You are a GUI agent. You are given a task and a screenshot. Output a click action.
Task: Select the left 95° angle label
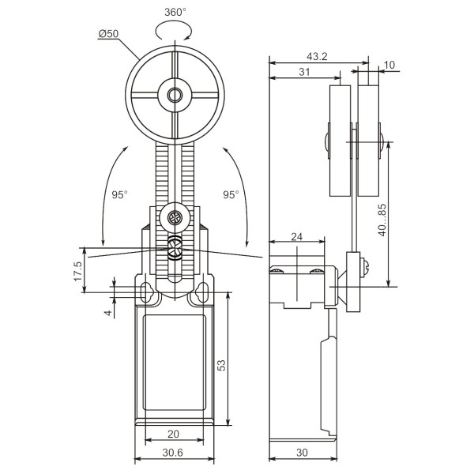pyautogui.click(x=119, y=194)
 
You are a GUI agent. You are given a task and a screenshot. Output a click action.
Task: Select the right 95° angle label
pyautogui.click(x=231, y=194)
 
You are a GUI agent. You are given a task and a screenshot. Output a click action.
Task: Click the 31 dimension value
pyautogui.click(x=304, y=72)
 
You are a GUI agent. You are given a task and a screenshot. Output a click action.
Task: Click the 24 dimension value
pyautogui.click(x=296, y=235)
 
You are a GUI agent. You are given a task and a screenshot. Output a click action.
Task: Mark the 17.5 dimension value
pyautogui.click(x=77, y=270)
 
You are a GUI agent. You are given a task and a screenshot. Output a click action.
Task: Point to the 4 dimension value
pyautogui.click(x=107, y=313)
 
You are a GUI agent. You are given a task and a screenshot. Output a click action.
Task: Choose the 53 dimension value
pyautogui.click(x=222, y=365)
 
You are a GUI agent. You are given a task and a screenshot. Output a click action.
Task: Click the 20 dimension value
pyautogui.click(x=174, y=434)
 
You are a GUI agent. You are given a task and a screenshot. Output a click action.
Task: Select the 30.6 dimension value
pyautogui.click(x=174, y=452)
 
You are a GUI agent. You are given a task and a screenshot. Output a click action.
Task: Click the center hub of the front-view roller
pyautogui.click(x=174, y=96)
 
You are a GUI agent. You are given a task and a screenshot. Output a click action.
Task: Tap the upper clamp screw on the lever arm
pyautogui.click(x=174, y=216)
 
